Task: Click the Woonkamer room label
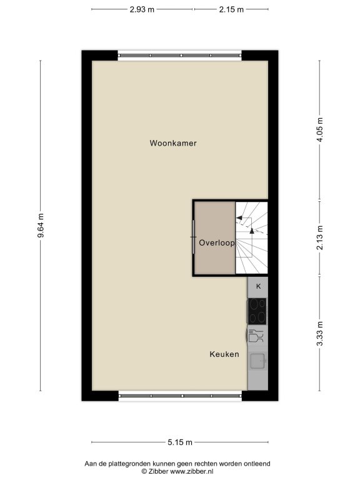tap(173, 143)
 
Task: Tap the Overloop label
tap(217, 242)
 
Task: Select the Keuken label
tap(224, 354)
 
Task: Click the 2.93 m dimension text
tap(142, 9)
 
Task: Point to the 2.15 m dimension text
tap(231, 9)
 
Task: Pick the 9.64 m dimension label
tap(41, 225)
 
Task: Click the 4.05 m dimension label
tap(320, 129)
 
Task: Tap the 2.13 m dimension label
tap(320, 237)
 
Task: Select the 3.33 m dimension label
tap(320, 334)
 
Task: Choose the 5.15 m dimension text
tap(180, 442)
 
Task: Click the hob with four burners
tap(257, 311)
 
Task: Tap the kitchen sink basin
tap(257, 361)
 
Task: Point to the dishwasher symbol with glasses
tap(256, 336)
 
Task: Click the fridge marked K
tap(257, 287)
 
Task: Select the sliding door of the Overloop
tap(194, 237)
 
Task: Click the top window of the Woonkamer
tap(180, 56)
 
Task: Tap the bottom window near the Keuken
tap(181, 396)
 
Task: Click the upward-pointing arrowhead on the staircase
tap(252, 231)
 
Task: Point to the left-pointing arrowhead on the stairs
tap(239, 218)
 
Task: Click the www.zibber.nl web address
tap(192, 472)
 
